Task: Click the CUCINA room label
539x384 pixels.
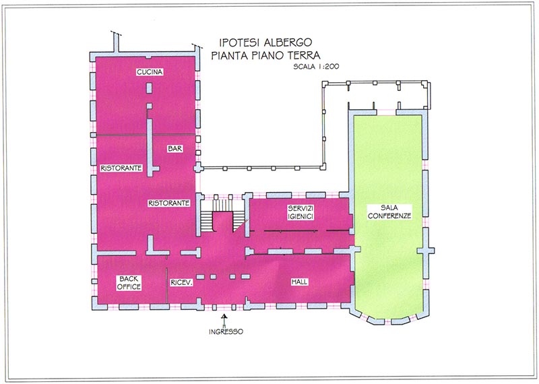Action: coord(150,72)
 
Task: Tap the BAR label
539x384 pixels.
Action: coord(175,149)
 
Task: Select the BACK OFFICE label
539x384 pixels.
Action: coord(129,282)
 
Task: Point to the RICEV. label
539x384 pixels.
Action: coord(181,282)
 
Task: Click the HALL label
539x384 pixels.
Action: coord(299,282)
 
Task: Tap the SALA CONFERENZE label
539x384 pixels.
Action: coord(389,212)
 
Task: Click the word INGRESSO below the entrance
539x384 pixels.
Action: coord(226,331)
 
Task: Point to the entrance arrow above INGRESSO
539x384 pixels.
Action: coord(224,320)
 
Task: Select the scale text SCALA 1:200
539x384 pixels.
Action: coord(316,66)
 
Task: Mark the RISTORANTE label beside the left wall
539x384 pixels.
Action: coord(121,168)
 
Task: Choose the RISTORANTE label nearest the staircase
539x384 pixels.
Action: coord(169,203)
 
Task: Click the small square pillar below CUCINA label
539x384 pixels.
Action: coord(149,88)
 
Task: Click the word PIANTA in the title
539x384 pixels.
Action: coord(230,55)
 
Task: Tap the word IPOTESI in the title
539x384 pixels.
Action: coord(240,42)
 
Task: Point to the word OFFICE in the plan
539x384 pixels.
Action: coord(129,287)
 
